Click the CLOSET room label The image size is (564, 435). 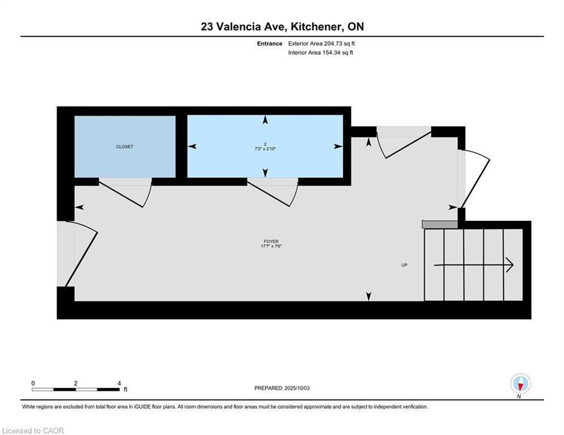pyautogui.click(x=125, y=147)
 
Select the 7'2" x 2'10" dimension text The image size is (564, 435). pyautogui.click(x=265, y=149)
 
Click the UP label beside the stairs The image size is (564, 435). pyautogui.click(x=404, y=265)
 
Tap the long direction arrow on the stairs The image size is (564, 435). pyautogui.click(x=473, y=265)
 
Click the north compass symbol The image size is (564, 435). pyautogui.click(x=520, y=384)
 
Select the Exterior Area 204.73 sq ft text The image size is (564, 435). pyautogui.click(x=321, y=44)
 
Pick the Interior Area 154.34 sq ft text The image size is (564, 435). pyautogui.click(x=321, y=53)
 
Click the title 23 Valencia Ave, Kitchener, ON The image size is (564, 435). pyautogui.click(x=282, y=27)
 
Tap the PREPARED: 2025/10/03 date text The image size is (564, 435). pyautogui.click(x=283, y=388)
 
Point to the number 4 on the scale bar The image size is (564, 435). pyautogui.click(x=119, y=383)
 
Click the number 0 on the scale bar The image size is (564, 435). pyautogui.click(x=33, y=383)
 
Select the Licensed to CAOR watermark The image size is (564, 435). pyautogui.click(x=33, y=430)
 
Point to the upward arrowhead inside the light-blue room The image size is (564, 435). pyautogui.click(x=265, y=120)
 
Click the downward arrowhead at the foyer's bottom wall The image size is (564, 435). pyautogui.click(x=369, y=296)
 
